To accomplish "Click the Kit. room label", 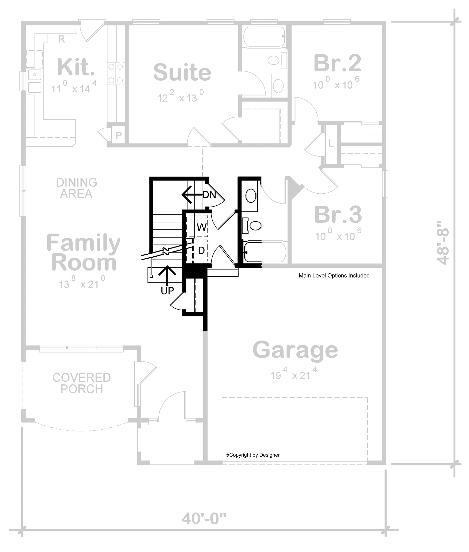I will (x=76, y=67).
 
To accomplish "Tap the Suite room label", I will (x=182, y=72).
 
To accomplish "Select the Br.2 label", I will (x=337, y=63).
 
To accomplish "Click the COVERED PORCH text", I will (x=82, y=383).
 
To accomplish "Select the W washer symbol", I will (x=201, y=227).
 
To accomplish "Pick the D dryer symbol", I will (x=201, y=250).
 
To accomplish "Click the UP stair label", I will (x=167, y=291).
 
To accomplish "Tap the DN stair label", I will (x=209, y=195).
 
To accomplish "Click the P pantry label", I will (x=119, y=136).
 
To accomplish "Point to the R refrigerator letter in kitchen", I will (x=61, y=39).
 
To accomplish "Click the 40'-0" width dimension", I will (x=204, y=519).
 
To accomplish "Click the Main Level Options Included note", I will (x=334, y=276).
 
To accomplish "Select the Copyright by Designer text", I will (x=253, y=455).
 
